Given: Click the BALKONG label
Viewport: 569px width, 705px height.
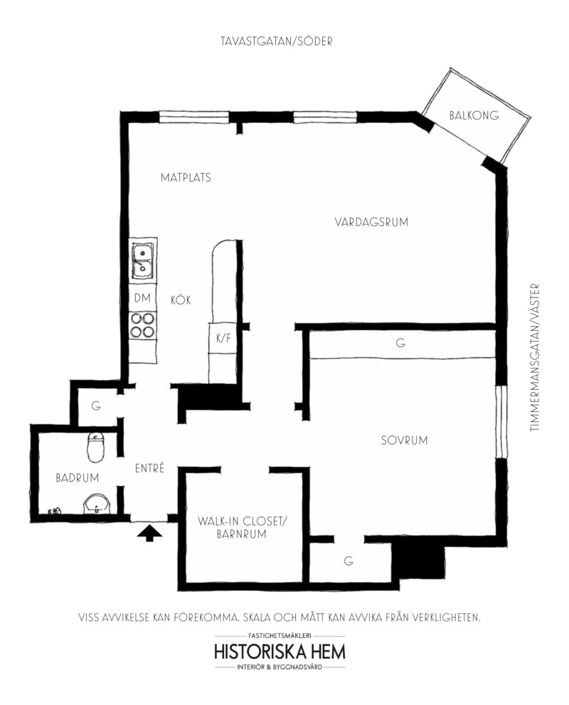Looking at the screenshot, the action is pyautogui.click(x=474, y=115).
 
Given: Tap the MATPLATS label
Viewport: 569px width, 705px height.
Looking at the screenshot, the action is pyautogui.click(x=186, y=177).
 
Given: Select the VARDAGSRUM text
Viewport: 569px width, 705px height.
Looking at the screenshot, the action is pyautogui.click(x=371, y=222).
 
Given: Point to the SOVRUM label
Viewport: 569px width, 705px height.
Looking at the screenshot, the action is pyautogui.click(x=404, y=440).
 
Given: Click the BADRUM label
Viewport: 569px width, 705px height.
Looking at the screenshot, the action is pyautogui.click(x=78, y=477).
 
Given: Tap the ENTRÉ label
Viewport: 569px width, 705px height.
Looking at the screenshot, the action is pyautogui.click(x=149, y=468).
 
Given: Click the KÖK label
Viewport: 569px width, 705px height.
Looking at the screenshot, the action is pyautogui.click(x=181, y=300).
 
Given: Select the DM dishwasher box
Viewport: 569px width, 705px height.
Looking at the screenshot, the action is pyautogui.click(x=142, y=297).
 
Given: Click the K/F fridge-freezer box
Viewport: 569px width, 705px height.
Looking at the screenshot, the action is pyautogui.click(x=223, y=338).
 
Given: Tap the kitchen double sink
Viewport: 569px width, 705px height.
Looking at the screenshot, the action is pyautogui.click(x=143, y=261).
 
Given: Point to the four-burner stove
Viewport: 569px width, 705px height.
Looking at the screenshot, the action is pyautogui.click(x=142, y=325).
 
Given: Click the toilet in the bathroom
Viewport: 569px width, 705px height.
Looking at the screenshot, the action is pyautogui.click(x=95, y=447).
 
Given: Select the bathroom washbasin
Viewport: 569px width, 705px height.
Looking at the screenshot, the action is pyautogui.click(x=96, y=504).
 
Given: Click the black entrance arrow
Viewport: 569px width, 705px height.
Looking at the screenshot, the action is pyautogui.click(x=149, y=534).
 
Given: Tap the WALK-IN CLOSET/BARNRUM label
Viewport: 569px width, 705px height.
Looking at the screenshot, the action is pyautogui.click(x=242, y=527).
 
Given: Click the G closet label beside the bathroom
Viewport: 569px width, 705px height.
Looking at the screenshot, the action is pyautogui.click(x=96, y=406).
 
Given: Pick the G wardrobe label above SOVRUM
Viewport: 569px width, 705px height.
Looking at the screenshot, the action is pyautogui.click(x=400, y=343).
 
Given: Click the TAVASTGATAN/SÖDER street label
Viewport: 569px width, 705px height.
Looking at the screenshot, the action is pyautogui.click(x=277, y=41).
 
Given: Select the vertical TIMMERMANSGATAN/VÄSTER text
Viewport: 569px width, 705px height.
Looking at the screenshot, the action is pyautogui.click(x=534, y=357).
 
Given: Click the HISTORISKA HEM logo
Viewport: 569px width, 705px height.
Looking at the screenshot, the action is pyautogui.click(x=280, y=652).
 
